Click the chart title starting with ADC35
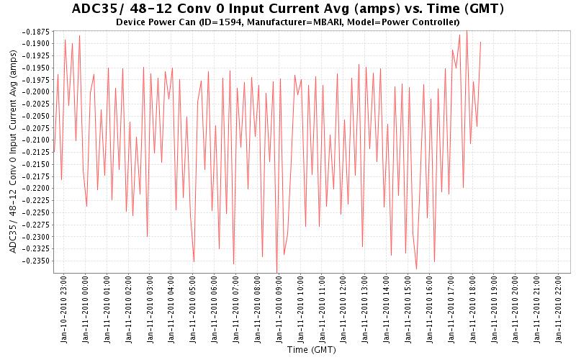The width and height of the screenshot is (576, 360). point(288,9)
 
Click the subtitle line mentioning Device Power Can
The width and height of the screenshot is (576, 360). point(288,22)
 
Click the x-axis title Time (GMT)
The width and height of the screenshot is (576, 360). point(311,351)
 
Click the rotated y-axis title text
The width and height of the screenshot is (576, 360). point(13,155)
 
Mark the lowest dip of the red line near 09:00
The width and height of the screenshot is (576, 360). point(277,272)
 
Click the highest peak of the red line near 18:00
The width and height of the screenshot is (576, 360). point(467,30)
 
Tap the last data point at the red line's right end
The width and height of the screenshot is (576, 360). point(480,42)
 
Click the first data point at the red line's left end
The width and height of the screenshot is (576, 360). point(54,152)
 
